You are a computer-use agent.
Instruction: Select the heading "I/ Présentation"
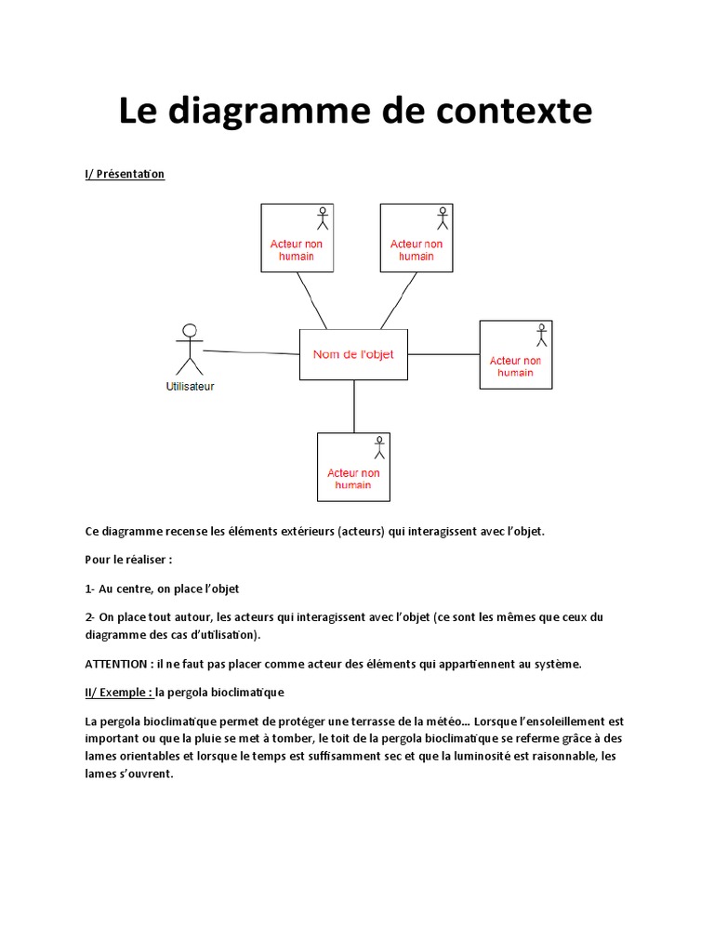(x=125, y=174)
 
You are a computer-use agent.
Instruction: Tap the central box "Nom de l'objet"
(x=353, y=354)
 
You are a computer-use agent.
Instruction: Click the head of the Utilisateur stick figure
(x=190, y=330)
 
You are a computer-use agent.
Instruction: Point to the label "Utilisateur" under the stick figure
(x=190, y=387)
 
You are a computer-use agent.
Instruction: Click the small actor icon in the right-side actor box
(x=541, y=336)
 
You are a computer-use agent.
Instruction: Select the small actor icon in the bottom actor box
(x=378, y=448)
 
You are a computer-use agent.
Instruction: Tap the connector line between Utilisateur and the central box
(x=251, y=351)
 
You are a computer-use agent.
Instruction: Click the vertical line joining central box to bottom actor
(x=354, y=406)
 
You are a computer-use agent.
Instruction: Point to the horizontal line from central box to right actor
(x=443, y=354)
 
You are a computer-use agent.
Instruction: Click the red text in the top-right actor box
(x=416, y=250)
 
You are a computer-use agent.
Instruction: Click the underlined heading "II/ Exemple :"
(x=118, y=693)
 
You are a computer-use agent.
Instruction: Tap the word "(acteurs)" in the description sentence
(x=359, y=532)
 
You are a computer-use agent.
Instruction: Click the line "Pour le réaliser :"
(x=129, y=561)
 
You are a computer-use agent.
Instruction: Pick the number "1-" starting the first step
(x=90, y=589)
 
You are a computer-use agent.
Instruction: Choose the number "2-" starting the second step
(x=90, y=617)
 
